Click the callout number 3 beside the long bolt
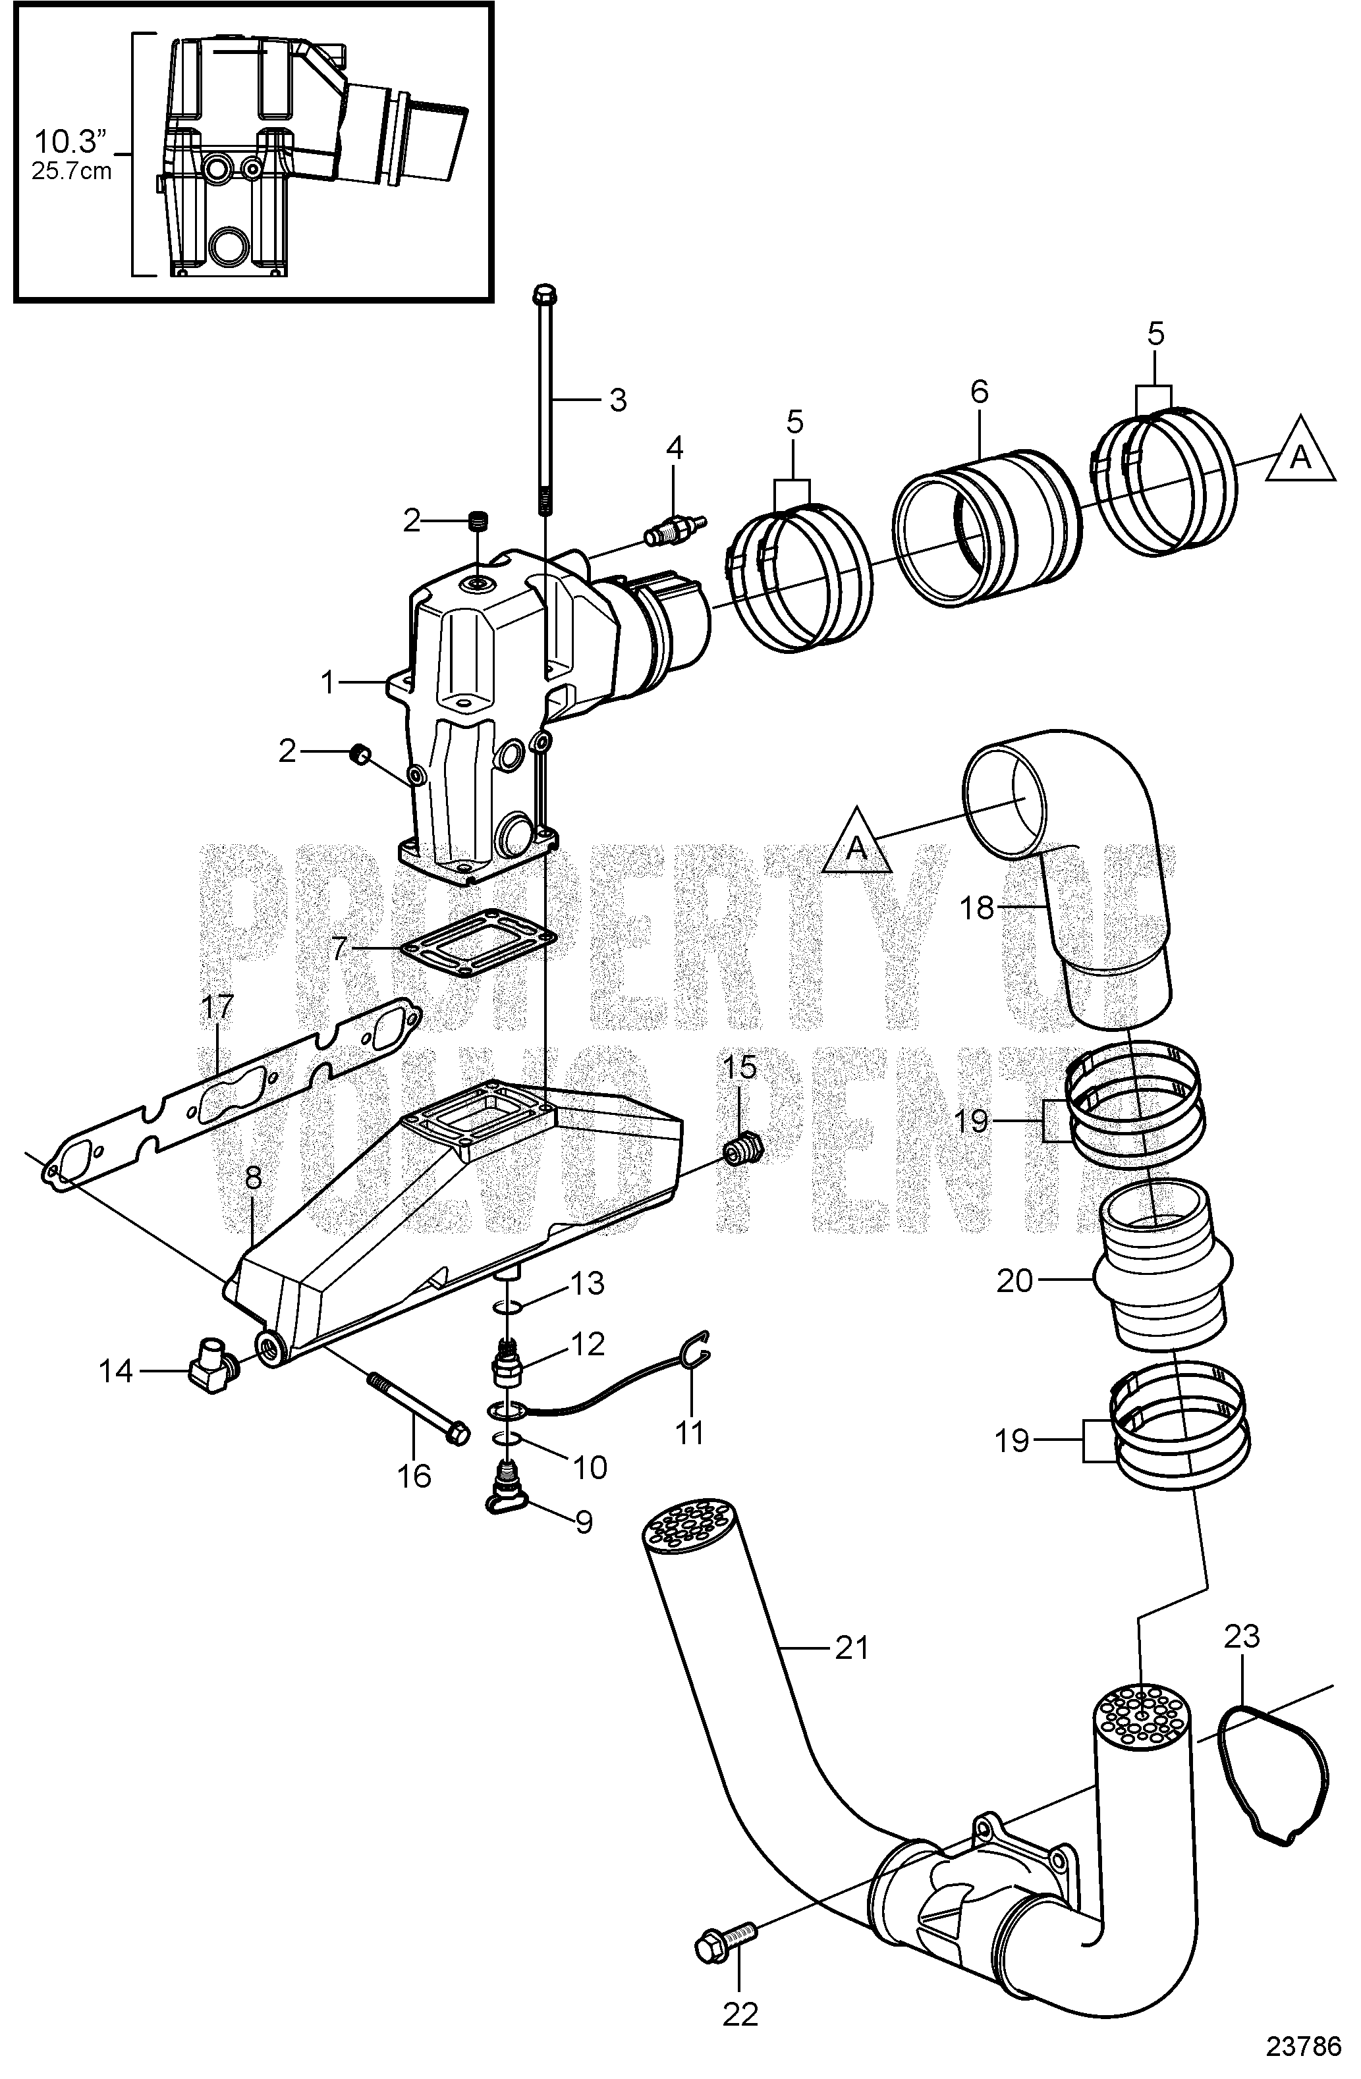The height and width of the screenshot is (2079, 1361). coord(618,400)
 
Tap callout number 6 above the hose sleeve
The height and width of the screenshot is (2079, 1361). coord(980,392)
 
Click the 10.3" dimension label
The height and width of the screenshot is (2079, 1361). coord(69,141)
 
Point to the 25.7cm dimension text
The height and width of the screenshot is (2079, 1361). coord(72,171)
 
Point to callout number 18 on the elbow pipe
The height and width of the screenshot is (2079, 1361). coord(978,909)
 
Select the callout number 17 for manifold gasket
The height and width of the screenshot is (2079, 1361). coord(217,1009)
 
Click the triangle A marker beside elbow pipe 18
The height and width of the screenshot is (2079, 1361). coord(857,846)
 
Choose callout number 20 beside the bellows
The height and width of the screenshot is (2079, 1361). coord(1014,1282)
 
